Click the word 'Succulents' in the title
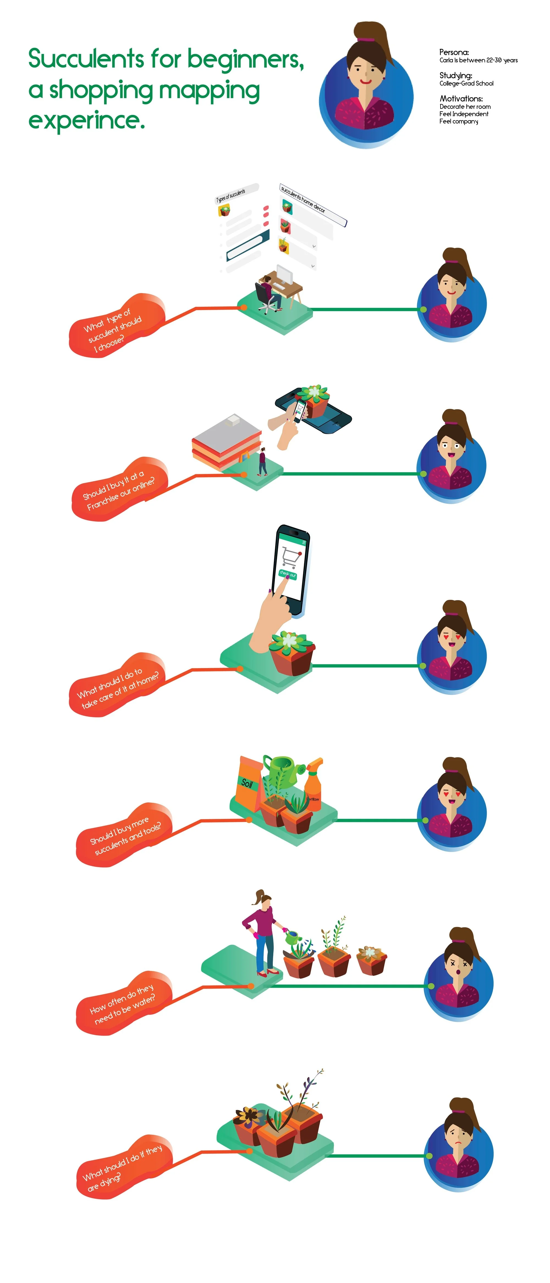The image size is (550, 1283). click(86, 59)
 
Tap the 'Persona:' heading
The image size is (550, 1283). click(453, 52)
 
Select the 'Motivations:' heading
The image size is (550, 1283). click(461, 99)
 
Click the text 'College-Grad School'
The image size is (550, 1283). click(466, 84)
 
